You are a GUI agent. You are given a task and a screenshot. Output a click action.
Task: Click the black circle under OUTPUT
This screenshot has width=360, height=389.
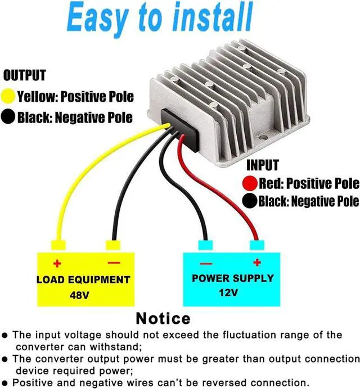[9, 117]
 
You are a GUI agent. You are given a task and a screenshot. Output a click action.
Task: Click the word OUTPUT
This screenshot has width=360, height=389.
[24, 75]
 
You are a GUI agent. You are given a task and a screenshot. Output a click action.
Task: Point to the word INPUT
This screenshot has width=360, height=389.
[262, 165]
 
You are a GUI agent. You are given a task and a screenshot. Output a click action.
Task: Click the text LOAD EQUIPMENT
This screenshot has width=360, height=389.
[83, 279]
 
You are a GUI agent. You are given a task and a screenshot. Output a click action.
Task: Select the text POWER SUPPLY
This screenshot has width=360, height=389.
[232, 278]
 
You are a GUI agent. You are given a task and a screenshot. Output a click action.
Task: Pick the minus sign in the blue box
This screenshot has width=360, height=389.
[205, 263]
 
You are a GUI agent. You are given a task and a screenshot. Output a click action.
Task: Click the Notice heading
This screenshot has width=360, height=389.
[163, 318]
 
